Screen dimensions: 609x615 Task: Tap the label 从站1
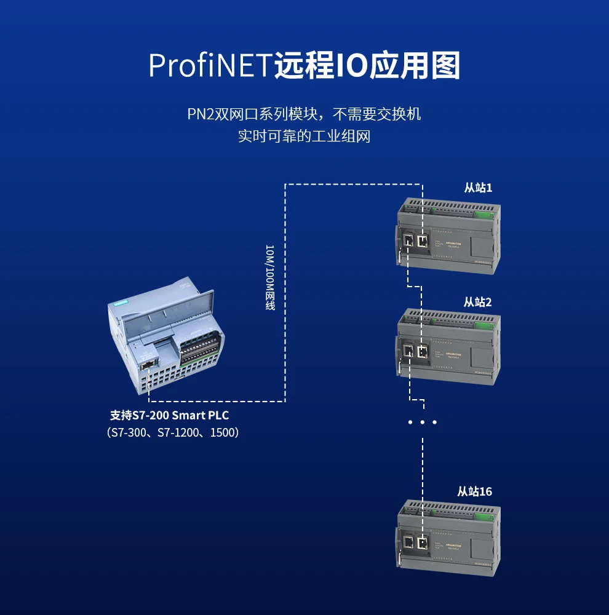click(x=478, y=188)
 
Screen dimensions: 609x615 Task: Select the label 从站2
click(x=478, y=302)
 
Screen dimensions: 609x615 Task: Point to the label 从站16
click(x=474, y=491)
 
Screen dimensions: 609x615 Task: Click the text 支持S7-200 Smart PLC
click(x=169, y=416)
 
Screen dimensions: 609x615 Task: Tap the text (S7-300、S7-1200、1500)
click(x=173, y=433)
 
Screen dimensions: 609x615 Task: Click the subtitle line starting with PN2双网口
click(x=304, y=114)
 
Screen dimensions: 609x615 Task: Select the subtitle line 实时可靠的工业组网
click(x=304, y=136)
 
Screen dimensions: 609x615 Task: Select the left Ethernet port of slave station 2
click(x=408, y=352)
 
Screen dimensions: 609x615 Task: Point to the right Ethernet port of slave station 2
click(x=423, y=352)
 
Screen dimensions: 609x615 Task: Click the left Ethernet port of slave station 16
click(x=408, y=542)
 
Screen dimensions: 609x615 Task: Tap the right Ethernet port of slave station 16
click(x=423, y=542)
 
